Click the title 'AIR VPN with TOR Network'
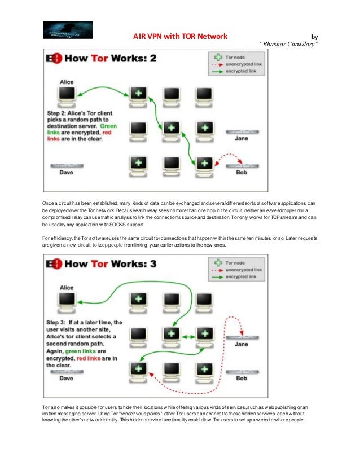(x=179, y=37)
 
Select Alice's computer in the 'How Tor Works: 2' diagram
(x=67, y=95)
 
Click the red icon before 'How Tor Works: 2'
(x=55, y=58)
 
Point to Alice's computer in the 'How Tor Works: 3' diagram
(x=67, y=300)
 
